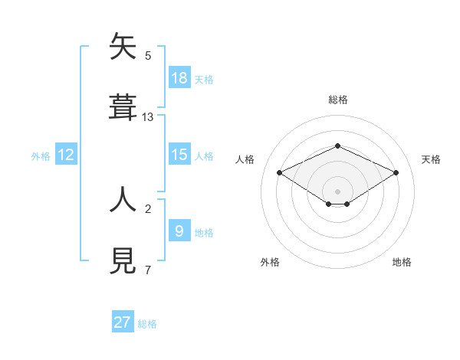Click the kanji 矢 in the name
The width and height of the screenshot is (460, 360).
coord(123,47)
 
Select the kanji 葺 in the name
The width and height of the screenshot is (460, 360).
coord(123,107)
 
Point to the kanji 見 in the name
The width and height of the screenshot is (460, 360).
coord(123,260)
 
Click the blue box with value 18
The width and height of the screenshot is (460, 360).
coord(179,77)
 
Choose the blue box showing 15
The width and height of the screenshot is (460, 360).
coord(179,155)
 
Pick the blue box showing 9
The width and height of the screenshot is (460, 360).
coord(179,231)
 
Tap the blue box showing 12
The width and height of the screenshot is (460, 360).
coord(66,155)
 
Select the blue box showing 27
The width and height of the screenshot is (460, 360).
coord(123,322)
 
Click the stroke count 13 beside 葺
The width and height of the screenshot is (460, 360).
coord(148,117)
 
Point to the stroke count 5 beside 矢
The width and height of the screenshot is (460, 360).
coord(148,56)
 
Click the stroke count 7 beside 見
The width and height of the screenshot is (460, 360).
coord(148,270)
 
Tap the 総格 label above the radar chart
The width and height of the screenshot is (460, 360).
coord(337,100)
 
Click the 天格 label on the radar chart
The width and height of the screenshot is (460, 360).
coord(431,159)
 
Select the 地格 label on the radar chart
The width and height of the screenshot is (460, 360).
coord(402,262)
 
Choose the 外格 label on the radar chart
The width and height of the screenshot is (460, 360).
coord(270,262)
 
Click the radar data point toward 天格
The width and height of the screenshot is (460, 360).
coord(396,172)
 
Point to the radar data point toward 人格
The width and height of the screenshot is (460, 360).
coord(279,172)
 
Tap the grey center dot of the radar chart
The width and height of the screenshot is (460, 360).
coord(337,191)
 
